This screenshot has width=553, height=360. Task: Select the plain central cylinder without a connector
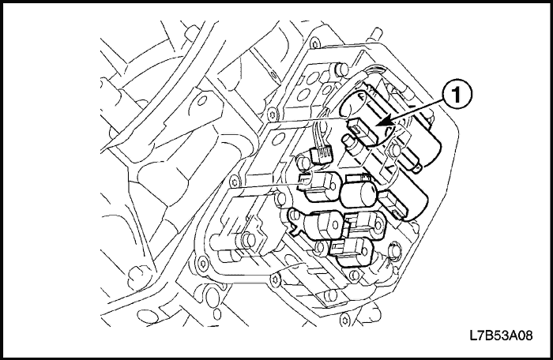[360, 192]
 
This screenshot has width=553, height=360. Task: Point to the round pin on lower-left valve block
[250, 240]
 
